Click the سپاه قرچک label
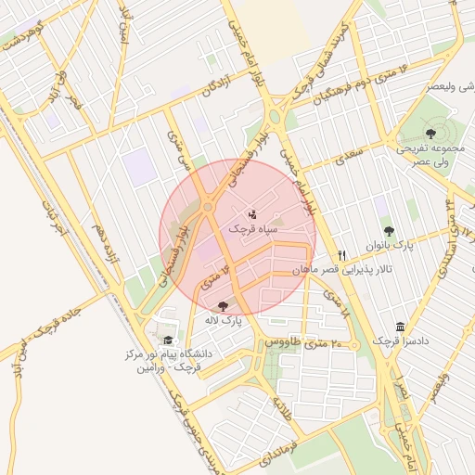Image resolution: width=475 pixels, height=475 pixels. coord(252,228)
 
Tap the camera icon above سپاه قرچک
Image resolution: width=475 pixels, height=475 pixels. coord(253,214)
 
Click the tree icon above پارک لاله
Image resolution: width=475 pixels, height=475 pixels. coord(222,305)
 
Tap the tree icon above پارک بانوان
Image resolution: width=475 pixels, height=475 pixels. coord(388,231)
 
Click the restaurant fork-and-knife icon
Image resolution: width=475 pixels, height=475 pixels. coord(341,255)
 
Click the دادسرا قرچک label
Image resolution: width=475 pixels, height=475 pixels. coord(399,341)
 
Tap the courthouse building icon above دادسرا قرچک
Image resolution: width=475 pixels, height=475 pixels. coord(399,327)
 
